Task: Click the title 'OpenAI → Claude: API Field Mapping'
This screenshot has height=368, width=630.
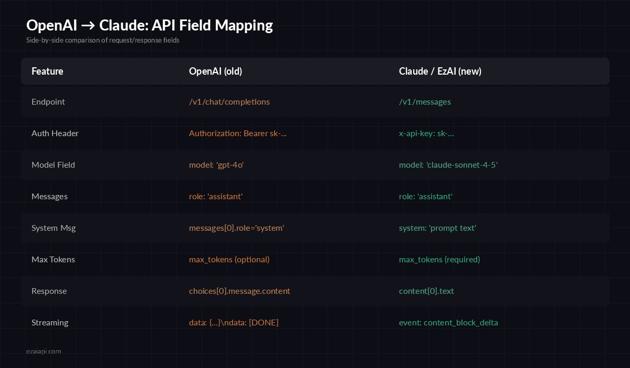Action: click(150, 25)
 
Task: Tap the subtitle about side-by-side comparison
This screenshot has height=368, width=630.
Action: click(103, 40)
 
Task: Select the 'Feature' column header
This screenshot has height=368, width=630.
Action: click(47, 71)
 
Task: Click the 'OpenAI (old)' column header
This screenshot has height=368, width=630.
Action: click(215, 71)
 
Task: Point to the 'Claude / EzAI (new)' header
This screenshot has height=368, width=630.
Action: click(440, 71)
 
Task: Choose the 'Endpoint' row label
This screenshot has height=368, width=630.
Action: click(48, 101)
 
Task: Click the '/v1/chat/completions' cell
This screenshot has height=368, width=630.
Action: click(229, 101)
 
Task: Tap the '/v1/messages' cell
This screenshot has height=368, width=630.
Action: click(425, 101)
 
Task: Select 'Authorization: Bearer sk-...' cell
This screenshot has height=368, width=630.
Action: click(238, 133)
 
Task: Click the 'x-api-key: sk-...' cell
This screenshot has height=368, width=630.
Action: click(426, 133)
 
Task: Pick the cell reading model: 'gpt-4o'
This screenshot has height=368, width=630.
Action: click(216, 165)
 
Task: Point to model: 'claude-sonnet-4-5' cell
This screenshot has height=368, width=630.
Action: click(448, 165)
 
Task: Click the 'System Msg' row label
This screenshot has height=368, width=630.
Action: click(54, 228)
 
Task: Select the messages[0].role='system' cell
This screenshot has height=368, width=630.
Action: click(236, 228)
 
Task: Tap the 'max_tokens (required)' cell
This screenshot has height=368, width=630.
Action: click(439, 259)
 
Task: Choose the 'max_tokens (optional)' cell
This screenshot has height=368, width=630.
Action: click(229, 259)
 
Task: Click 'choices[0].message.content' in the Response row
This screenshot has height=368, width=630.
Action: click(239, 291)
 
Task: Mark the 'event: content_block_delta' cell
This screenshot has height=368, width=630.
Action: click(448, 322)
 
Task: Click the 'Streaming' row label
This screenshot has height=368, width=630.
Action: click(50, 322)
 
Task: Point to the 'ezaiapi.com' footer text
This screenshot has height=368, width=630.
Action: click(44, 351)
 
